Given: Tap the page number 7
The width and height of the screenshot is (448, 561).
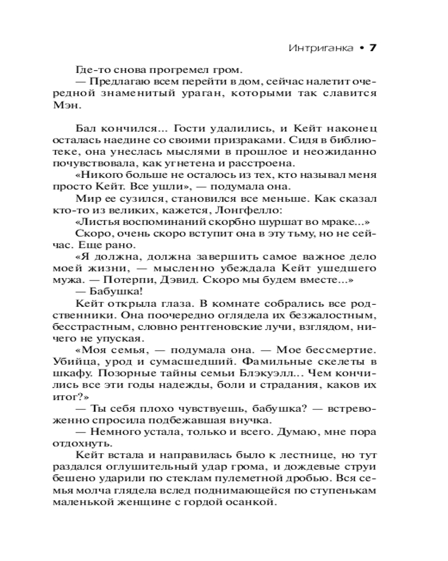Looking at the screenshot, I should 371,48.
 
